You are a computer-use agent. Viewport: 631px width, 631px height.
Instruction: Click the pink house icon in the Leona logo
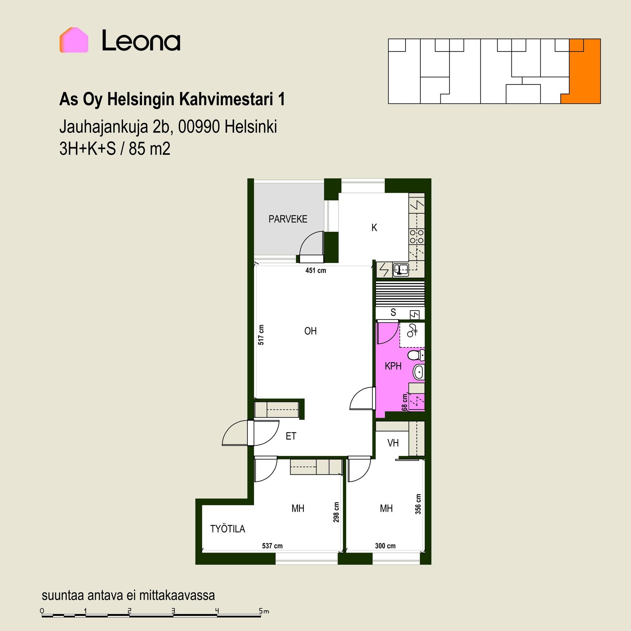click(74, 40)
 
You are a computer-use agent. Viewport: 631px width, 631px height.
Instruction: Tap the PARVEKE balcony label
click(288, 219)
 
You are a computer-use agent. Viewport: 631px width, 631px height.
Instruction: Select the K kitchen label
click(374, 228)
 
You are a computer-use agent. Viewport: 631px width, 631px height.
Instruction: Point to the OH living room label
click(311, 331)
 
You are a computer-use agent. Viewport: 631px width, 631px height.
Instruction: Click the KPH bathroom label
click(393, 366)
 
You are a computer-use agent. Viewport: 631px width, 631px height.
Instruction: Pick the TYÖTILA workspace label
click(228, 529)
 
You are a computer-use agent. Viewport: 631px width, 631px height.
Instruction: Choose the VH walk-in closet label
click(393, 443)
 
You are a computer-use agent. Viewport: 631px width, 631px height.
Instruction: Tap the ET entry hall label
click(291, 436)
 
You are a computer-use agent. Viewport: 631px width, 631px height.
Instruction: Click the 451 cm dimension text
click(315, 270)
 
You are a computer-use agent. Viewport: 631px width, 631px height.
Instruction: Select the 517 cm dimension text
click(261, 335)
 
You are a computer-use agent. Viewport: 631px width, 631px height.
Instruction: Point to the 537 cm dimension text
click(272, 546)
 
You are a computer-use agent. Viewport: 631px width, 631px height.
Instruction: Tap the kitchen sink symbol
click(401, 269)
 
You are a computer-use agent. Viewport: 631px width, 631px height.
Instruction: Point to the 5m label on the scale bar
click(264, 611)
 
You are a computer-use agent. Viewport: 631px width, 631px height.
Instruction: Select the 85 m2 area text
click(150, 149)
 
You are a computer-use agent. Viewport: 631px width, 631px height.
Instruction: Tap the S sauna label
click(393, 312)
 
